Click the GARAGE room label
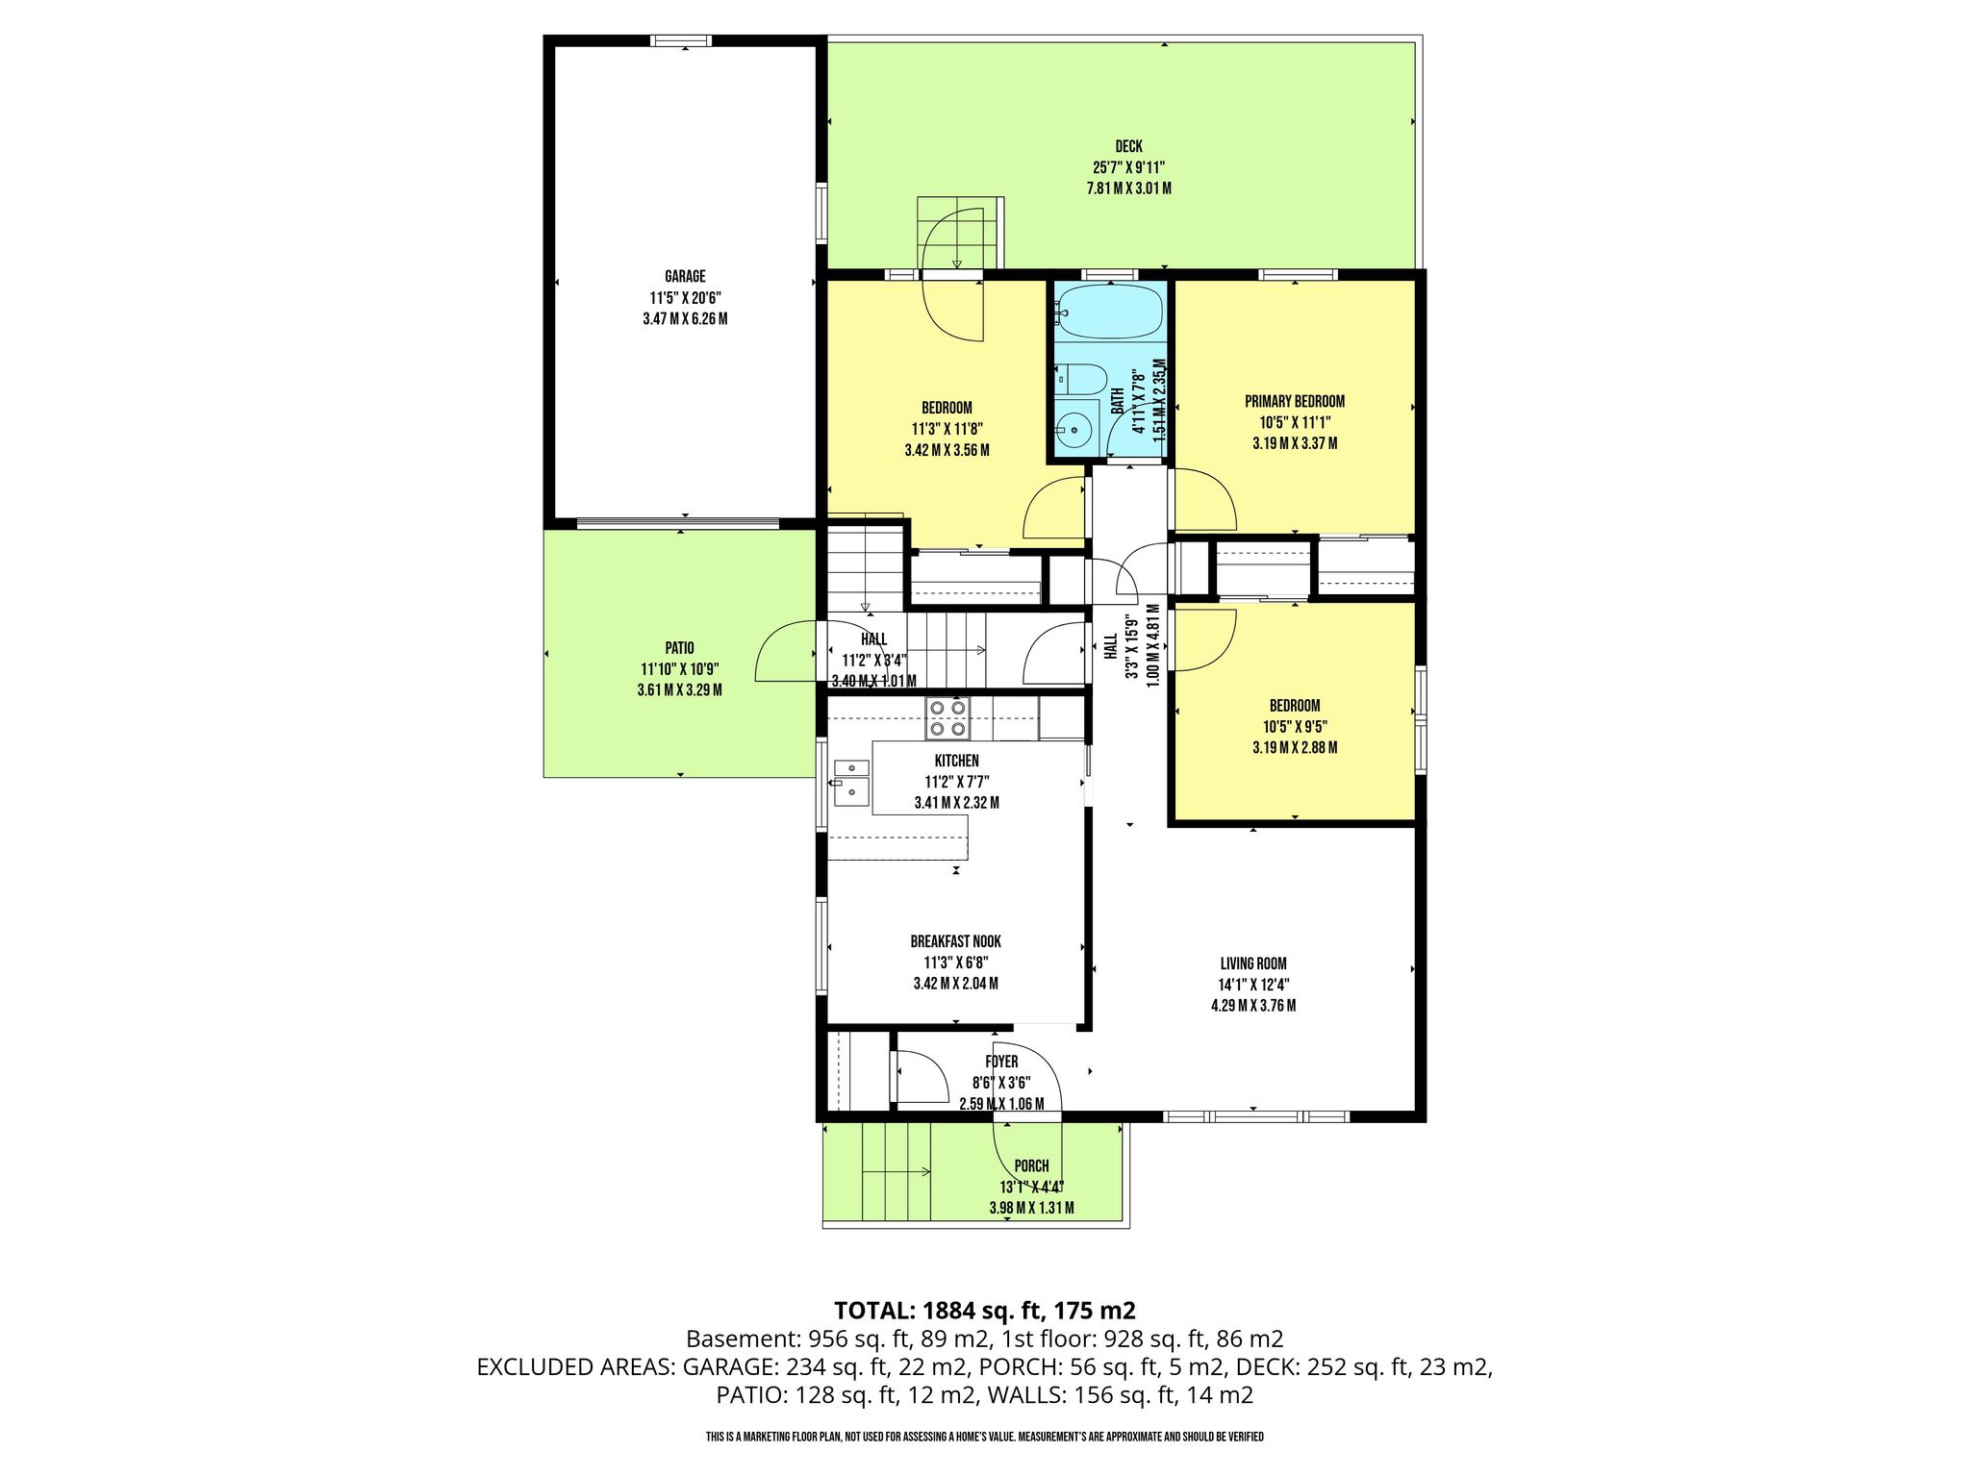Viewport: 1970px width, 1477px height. (685, 277)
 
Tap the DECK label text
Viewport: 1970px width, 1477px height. (1129, 146)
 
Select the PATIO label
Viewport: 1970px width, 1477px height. (679, 648)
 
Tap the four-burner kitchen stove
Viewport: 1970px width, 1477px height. (947, 719)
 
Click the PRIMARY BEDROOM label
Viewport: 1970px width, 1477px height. (1295, 402)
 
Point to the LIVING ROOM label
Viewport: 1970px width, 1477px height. (1253, 964)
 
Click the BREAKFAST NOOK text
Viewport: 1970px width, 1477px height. (956, 941)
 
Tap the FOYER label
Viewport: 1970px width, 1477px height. (1001, 1062)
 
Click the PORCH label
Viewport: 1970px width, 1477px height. (1031, 1166)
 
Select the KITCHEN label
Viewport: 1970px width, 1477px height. (957, 761)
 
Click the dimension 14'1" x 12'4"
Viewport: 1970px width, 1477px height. (1253, 985)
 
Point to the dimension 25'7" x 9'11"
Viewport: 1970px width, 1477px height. (1129, 167)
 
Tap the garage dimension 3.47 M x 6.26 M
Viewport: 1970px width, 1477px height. (685, 319)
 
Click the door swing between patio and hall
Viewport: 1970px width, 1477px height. (787, 651)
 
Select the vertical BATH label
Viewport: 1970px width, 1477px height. (1118, 401)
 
